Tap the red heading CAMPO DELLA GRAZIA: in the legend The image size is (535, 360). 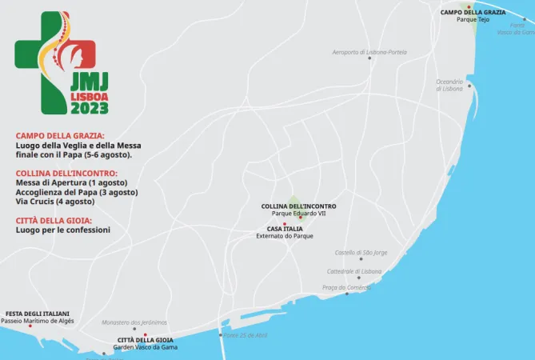pyautogui.click(x=60, y=136)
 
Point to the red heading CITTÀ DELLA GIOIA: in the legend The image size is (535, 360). pyautogui.click(x=54, y=220)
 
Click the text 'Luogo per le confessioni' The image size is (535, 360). pyautogui.click(x=63, y=230)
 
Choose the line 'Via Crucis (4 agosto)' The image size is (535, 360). pyautogui.click(x=55, y=202)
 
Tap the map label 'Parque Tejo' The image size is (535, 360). pyautogui.click(x=473, y=20)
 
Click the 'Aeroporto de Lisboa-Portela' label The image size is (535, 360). pyautogui.click(x=369, y=52)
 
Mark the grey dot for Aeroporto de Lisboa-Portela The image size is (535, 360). pyautogui.click(x=369, y=58)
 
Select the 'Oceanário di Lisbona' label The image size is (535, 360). pyautogui.click(x=449, y=85)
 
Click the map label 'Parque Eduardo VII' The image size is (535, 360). pyautogui.click(x=298, y=214)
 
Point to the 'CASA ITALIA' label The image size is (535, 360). pyautogui.click(x=285, y=229)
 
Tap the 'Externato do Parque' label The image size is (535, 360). pyautogui.click(x=285, y=236)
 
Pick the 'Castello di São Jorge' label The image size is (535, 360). pyautogui.click(x=361, y=253)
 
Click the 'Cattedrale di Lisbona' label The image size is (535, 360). pyautogui.click(x=354, y=271)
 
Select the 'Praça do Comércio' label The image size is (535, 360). pyautogui.click(x=346, y=287)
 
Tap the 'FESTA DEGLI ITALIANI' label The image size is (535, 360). pyautogui.click(x=38, y=314)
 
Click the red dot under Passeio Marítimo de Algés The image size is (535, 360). pyautogui.click(x=30, y=326)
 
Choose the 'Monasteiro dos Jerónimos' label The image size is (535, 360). pyautogui.click(x=134, y=322)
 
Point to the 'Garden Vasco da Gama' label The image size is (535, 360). pyautogui.click(x=146, y=347)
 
